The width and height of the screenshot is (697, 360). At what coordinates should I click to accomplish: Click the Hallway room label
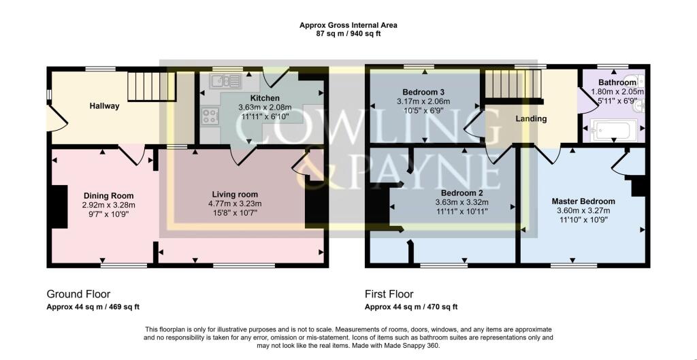pos(104,105)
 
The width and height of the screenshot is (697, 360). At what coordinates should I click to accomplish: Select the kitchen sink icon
pos(225,82)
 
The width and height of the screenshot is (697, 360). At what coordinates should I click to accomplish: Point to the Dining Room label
pos(108,195)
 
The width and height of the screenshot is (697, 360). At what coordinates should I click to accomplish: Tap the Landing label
pos(531,118)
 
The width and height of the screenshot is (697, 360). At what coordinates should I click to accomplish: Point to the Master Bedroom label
pos(583,201)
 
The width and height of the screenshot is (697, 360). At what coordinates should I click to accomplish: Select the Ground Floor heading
pos(74,295)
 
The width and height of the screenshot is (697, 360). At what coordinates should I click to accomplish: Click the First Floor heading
pos(389,295)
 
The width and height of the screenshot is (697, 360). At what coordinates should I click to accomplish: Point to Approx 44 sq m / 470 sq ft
pos(411,307)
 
